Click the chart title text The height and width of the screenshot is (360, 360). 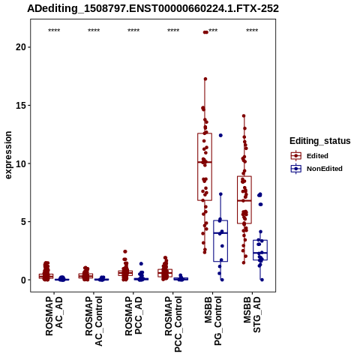coord(153,9)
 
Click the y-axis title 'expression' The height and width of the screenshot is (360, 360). coord(8,155)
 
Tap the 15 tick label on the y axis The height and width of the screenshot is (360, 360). coord(21,105)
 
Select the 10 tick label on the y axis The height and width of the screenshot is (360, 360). coord(21,163)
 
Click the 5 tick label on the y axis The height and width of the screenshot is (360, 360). coord(23,221)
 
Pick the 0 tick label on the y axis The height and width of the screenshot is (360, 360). coord(23,280)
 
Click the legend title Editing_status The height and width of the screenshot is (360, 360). coord(320,141)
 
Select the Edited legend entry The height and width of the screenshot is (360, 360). coord(310,156)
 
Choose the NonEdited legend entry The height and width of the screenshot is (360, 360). coord(316,169)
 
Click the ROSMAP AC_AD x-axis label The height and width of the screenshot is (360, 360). coord(54,316)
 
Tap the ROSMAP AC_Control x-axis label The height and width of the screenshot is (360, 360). coord(94,321)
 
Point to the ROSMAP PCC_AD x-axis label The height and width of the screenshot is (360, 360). coord(133,316)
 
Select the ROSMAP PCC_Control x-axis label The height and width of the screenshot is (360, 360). coord(173,324)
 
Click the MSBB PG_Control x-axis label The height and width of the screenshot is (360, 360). coord(213,321)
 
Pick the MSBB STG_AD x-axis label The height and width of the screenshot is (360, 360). coord(253,315)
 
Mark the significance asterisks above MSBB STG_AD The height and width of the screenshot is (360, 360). coord(252,31)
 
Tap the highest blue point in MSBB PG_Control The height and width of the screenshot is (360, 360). coord(220,135)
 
